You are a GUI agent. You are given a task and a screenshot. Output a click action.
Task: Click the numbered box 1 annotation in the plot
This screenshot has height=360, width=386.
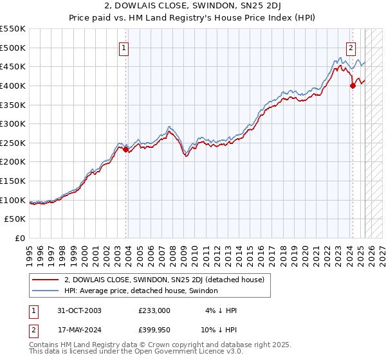tap(123, 46)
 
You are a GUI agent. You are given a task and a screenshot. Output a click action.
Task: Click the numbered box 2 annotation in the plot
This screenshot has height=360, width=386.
tap(351, 46)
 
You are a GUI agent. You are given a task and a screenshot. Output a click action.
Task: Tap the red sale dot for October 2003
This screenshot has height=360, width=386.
tap(126, 149)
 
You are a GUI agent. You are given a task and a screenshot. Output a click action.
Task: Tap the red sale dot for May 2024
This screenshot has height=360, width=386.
tap(353, 85)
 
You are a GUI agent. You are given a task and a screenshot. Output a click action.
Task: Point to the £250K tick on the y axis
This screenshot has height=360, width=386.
tap(13, 143)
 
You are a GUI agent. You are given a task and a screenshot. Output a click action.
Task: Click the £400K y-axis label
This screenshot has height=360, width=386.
tap(13, 85)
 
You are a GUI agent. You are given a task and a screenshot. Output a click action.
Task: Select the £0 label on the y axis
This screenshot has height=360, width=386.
tap(20, 238)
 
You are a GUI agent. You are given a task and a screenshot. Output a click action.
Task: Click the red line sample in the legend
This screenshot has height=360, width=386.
tap(46, 280)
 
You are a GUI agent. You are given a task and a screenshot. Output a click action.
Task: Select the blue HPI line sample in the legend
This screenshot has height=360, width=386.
tap(46, 291)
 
